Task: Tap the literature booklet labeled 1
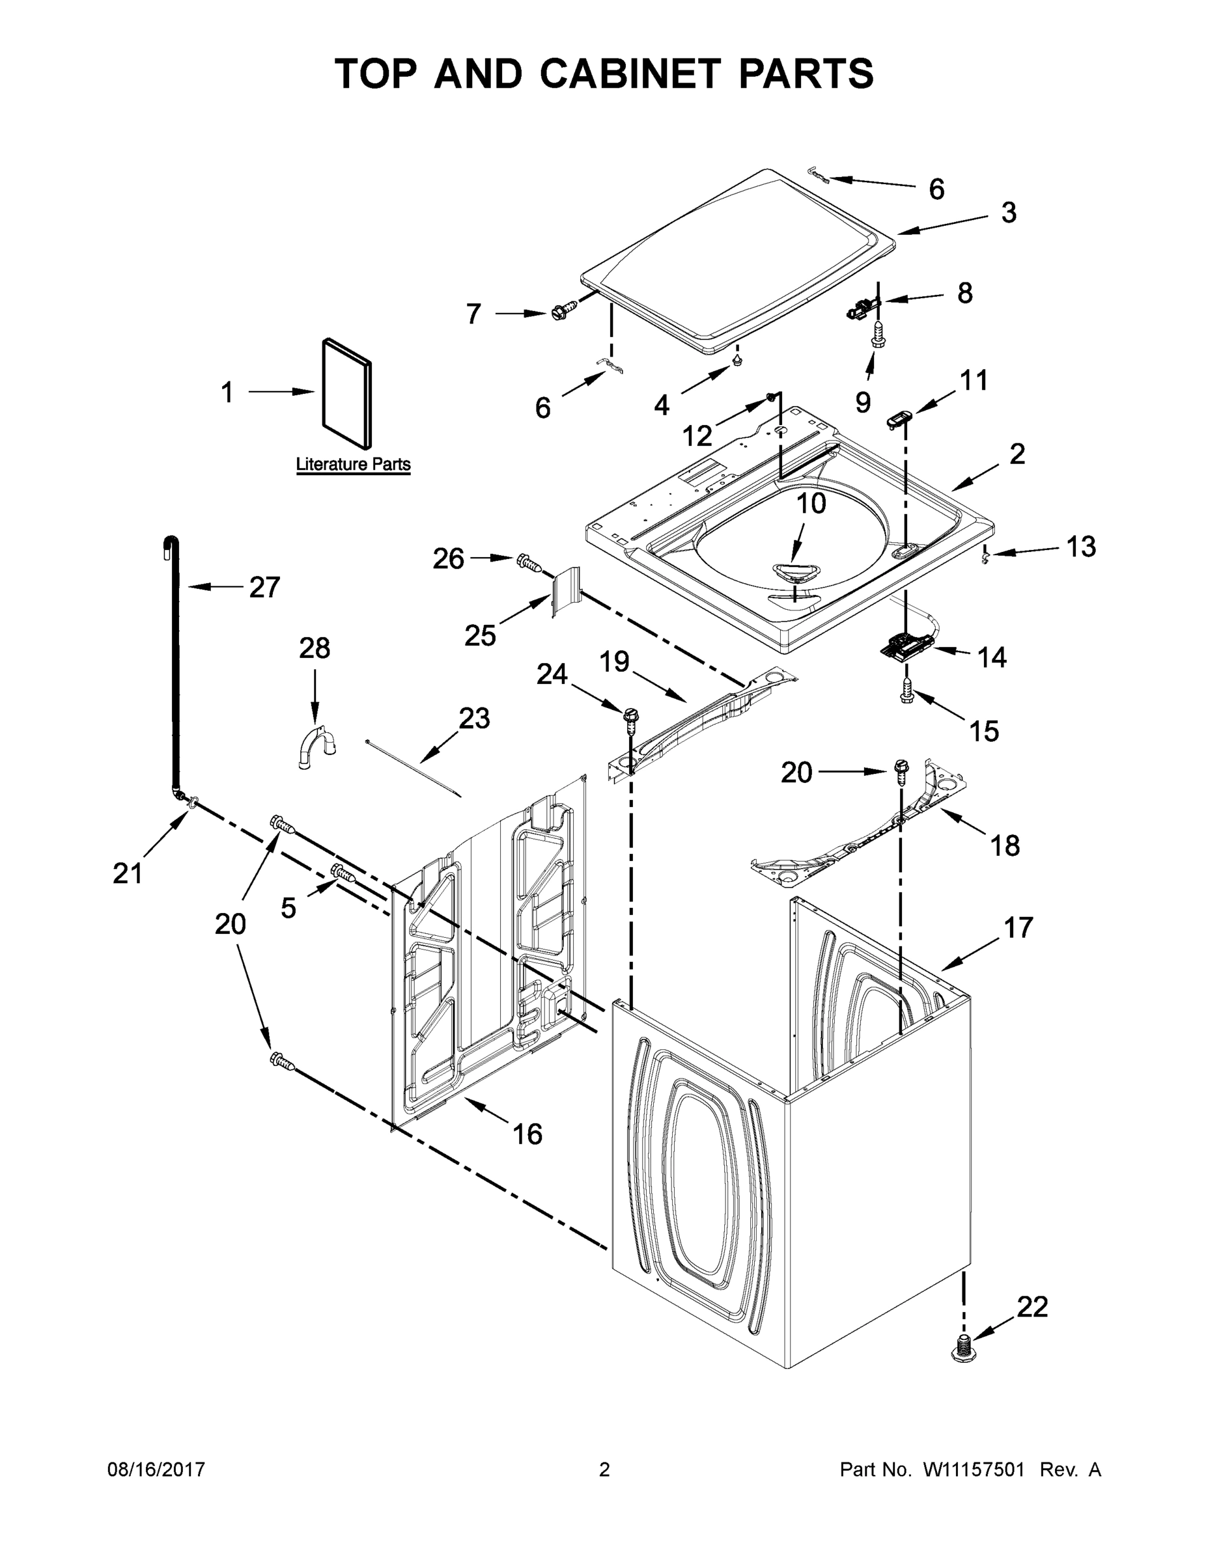pos(347,392)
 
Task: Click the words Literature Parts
pos(354,464)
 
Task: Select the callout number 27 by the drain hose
pos(264,587)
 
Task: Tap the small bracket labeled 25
pos(565,591)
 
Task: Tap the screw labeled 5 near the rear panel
pos(343,873)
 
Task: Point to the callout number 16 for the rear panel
pos(527,1133)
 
